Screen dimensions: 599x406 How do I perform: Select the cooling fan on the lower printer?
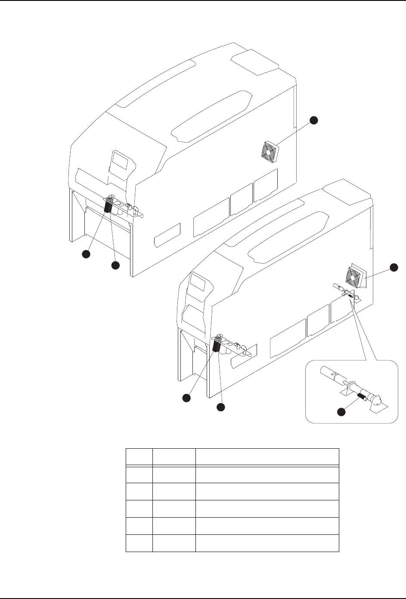[x=356, y=276]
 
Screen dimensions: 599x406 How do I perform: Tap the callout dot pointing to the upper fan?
[x=314, y=120]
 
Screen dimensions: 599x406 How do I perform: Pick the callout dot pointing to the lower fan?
[x=394, y=267]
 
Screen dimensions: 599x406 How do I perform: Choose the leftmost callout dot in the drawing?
[x=86, y=255]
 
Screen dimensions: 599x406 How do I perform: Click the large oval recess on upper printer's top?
[x=210, y=116]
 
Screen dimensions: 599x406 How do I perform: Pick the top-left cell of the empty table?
[x=139, y=456]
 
